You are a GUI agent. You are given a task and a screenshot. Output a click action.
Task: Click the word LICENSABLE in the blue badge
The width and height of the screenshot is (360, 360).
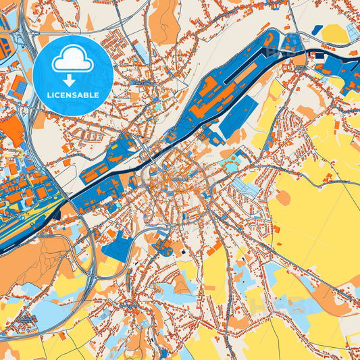coord(72,95)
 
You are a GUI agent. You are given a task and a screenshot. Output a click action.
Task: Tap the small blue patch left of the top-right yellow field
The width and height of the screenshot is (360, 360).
coord(317,30)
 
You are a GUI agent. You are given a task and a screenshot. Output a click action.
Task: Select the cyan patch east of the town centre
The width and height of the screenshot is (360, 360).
coord(232,165)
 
